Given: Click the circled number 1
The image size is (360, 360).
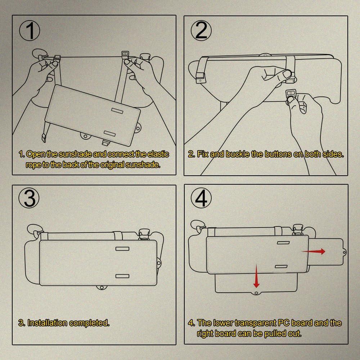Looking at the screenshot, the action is pyautogui.click(x=30, y=31).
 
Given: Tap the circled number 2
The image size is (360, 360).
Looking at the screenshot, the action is pyautogui.click(x=201, y=31).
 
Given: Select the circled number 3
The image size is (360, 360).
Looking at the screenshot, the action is pyautogui.click(x=29, y=198).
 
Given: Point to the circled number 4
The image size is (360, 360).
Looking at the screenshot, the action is pyautogui.click(x=201, y=198).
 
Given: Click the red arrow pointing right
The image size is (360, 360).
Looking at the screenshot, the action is pyautogui.click(x=314, y=251).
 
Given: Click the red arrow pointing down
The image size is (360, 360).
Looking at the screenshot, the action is pyautogui.click(x=256, y=276).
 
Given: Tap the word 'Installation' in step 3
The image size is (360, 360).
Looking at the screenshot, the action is pyautogui.click(x=48, y=323).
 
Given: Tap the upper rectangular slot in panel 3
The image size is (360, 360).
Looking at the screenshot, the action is pyautogui.click(x=122, y=249).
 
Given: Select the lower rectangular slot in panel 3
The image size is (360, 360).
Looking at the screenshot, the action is pyautogui.click(x=122, y=276).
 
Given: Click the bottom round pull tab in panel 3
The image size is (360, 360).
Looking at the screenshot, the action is pyautogui.click(x=101, y=287).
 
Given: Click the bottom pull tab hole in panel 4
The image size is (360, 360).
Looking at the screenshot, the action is pyautogui.click(x=256, y=293).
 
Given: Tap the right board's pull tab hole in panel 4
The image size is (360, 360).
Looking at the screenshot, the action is pyautogui.click(x=344, y=253).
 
